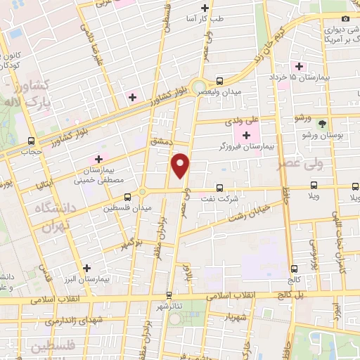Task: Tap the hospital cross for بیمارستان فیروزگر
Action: [x=246, y=136]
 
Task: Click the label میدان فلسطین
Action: [x=122, y=209]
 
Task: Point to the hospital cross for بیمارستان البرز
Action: [x=86, y=268]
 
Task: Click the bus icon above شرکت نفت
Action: [x=220, y=188]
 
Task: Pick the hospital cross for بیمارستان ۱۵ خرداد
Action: [x=300, y=66]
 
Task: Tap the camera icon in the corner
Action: [x=345, y=18]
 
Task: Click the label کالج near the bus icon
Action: [x=293, y=280]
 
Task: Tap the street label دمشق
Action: [x=160, y=142]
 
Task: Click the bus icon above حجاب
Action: [x=31, y=140]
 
